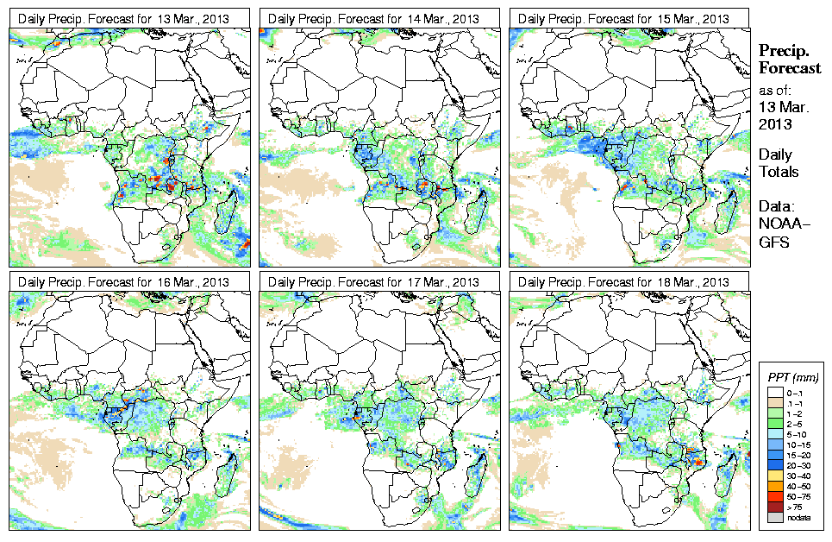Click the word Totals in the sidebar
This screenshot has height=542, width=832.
778,172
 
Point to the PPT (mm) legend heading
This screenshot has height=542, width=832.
793,378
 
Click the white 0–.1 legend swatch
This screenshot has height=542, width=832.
774,394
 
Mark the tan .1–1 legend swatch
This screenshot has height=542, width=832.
774,403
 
